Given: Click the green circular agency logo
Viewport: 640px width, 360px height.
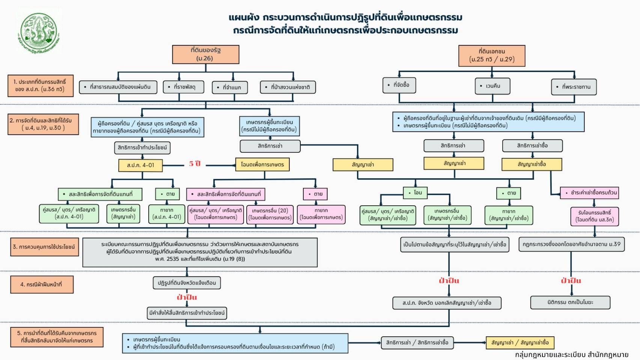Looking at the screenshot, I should [x=39, y=32].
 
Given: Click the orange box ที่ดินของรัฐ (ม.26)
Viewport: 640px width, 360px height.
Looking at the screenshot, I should [x=205, y=54].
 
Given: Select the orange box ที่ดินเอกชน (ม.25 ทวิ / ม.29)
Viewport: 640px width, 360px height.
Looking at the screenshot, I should [x=491, y=56].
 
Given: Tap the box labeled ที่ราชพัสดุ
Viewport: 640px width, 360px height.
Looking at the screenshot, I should [x=184, y=87].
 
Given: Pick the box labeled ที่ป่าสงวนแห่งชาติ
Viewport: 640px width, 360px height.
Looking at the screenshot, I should [x=288, y=87].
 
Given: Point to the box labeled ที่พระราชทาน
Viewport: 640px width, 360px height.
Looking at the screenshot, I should [x=574, y=87].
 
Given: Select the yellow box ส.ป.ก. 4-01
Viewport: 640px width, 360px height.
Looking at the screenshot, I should [x=140, y=165].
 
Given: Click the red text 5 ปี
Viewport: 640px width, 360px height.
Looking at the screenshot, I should [x=195, y=164].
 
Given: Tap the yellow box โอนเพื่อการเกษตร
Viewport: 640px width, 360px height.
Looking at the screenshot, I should [x=262, y=164].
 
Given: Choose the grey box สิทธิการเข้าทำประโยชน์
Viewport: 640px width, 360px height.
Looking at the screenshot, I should [x=142, y=148].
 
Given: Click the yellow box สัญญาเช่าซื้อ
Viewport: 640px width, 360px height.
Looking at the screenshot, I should [x=532, y=164].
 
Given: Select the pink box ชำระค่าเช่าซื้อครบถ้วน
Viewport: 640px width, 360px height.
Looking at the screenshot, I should [x=589, y=193].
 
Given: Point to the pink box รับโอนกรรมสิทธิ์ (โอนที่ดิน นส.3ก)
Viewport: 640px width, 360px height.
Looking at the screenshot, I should [x=595, y=216].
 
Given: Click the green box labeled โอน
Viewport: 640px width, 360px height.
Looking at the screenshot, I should [x=415, y=193].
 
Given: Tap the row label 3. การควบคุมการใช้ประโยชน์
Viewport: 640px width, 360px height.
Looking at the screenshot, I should [x=44, y=247].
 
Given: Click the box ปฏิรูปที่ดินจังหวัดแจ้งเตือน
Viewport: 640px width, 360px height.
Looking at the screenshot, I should [x=187, y=283].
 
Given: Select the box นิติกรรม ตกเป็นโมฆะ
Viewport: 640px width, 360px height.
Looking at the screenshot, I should [x=570, y=302].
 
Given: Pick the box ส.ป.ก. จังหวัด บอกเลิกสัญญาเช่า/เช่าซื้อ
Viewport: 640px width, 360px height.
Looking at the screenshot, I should [x=447, y=303].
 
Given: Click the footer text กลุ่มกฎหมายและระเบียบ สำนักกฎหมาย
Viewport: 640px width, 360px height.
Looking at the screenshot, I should [x=571, y=355].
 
